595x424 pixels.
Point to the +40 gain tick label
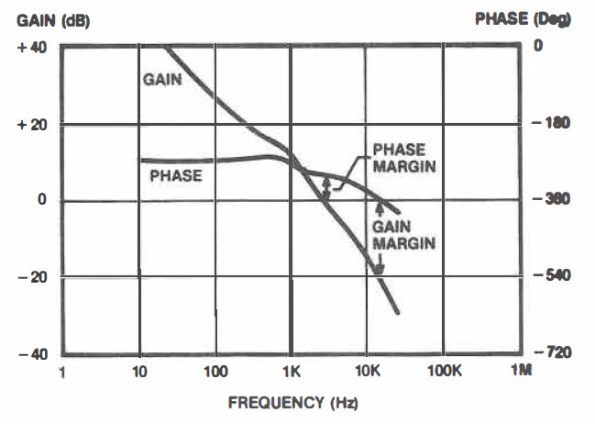(30, 47)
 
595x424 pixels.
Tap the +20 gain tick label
(30, 124)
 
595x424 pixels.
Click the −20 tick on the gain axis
(30, 277)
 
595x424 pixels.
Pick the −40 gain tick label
(30, 354)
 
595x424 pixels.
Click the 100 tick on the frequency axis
(215, 373)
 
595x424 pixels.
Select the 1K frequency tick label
(291, 373)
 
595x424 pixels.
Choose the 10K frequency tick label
(368, 373)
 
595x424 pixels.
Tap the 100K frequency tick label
(444, 373)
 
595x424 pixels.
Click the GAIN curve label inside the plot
(161, 80)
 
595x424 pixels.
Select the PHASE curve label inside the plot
(176, 174)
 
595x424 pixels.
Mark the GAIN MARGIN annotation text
(402, 234)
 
